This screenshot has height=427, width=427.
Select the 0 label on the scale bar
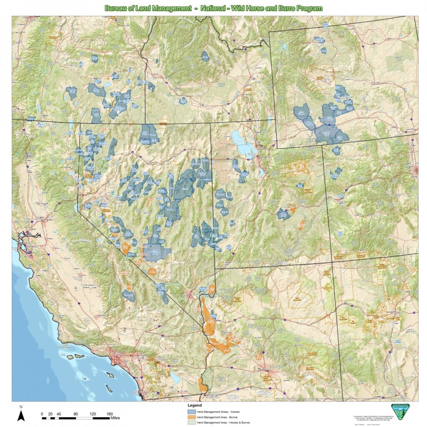[x=42, y=414]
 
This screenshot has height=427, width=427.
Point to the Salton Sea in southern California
[x=175, y=378]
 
